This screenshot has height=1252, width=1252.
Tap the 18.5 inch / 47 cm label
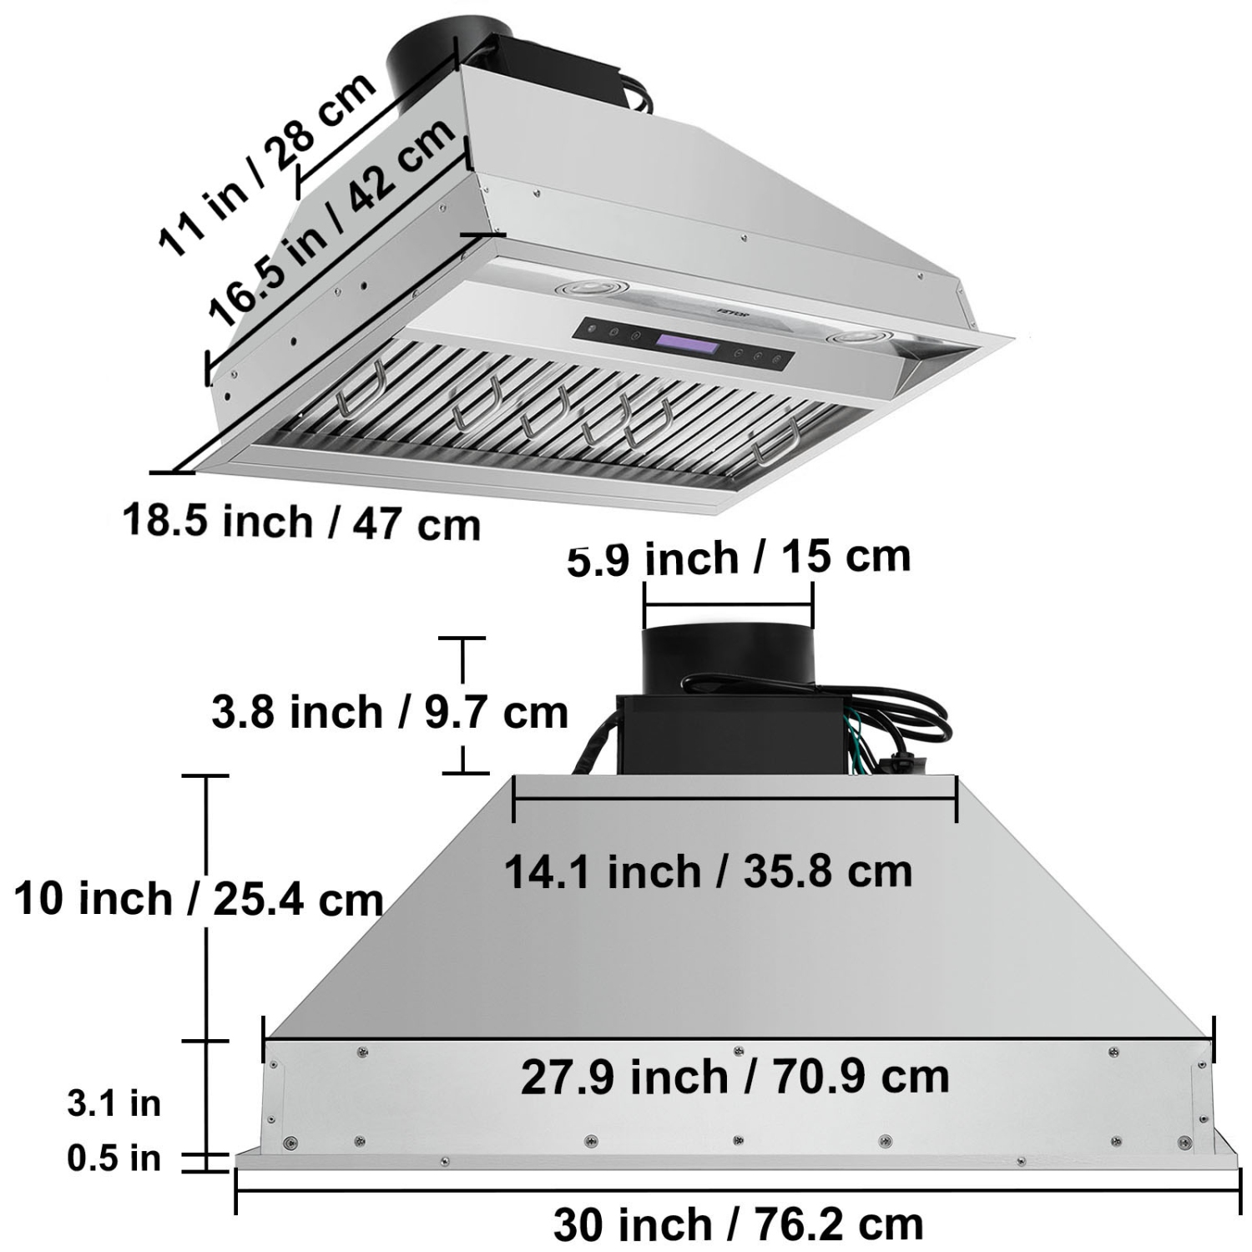pyautogui.click(x=301, y=523)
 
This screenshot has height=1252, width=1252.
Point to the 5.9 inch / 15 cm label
pyautogui.click(x=739, y=557)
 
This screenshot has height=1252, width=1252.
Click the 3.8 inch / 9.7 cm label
pyautogui.click(x=389, y=712)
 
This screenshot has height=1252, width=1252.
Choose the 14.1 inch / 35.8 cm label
pyautogui.click(x=708, y=871)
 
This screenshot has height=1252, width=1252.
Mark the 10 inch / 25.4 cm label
pyautogui.click(x=199, y=899)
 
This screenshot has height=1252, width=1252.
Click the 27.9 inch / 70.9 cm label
pyautogui.click(x=735, y=1076)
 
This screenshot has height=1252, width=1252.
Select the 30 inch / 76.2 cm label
pyautogui.click(x=738, y=1224)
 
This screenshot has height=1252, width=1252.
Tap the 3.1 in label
pyautogui.click(x=114, y=1103)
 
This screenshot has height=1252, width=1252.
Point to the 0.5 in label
pyautogui.click(x=114, y=1159)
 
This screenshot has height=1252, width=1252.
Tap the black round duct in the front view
pyautogui.click(x=726, y=659)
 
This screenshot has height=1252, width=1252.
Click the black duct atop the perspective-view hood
pyautogui.click(x=426, y=63)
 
